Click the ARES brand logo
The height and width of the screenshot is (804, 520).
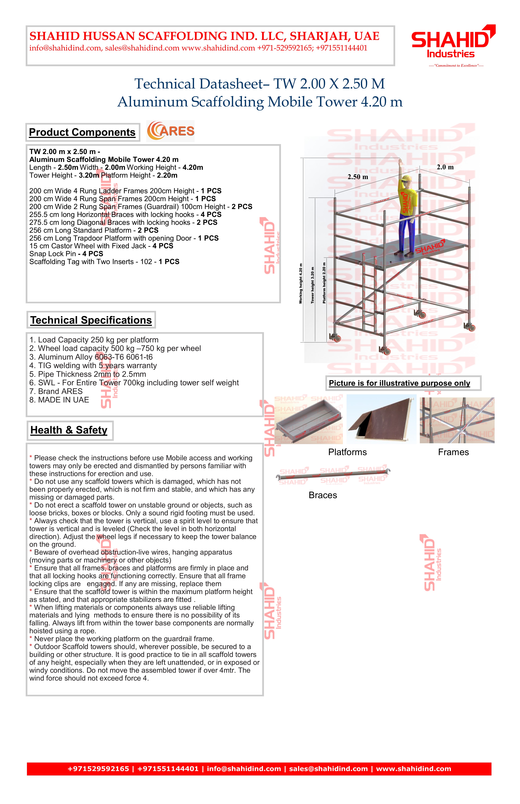tap(170, 131)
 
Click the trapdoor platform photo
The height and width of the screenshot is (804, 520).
tap(381, 419)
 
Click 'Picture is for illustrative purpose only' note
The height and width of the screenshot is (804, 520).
tap(399, 383)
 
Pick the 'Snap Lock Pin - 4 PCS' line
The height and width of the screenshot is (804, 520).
tap(66, 254)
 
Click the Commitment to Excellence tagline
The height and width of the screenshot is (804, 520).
tap(456, 66)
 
